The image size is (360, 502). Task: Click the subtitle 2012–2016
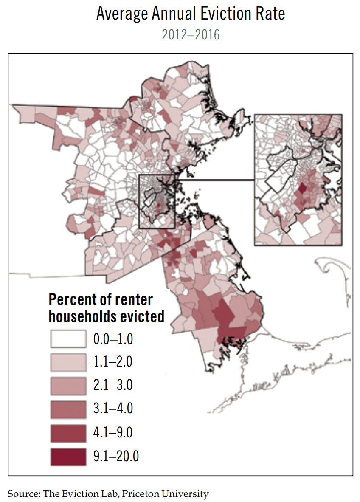[191, 35]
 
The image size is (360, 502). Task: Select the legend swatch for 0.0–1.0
[68, 339]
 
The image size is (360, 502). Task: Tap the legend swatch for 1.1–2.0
[68, 362]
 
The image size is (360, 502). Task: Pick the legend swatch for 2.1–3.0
[68, 386]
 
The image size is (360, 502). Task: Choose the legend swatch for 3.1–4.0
[68, 409]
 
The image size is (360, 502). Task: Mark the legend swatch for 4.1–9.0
[68, 433]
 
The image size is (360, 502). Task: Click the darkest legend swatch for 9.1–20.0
[68, 457]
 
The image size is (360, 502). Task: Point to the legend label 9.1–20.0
[116, 457]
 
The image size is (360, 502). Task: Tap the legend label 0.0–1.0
[113, 339]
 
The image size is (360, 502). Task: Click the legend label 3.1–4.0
[113, 409]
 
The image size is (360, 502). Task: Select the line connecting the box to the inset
[214, 180]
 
